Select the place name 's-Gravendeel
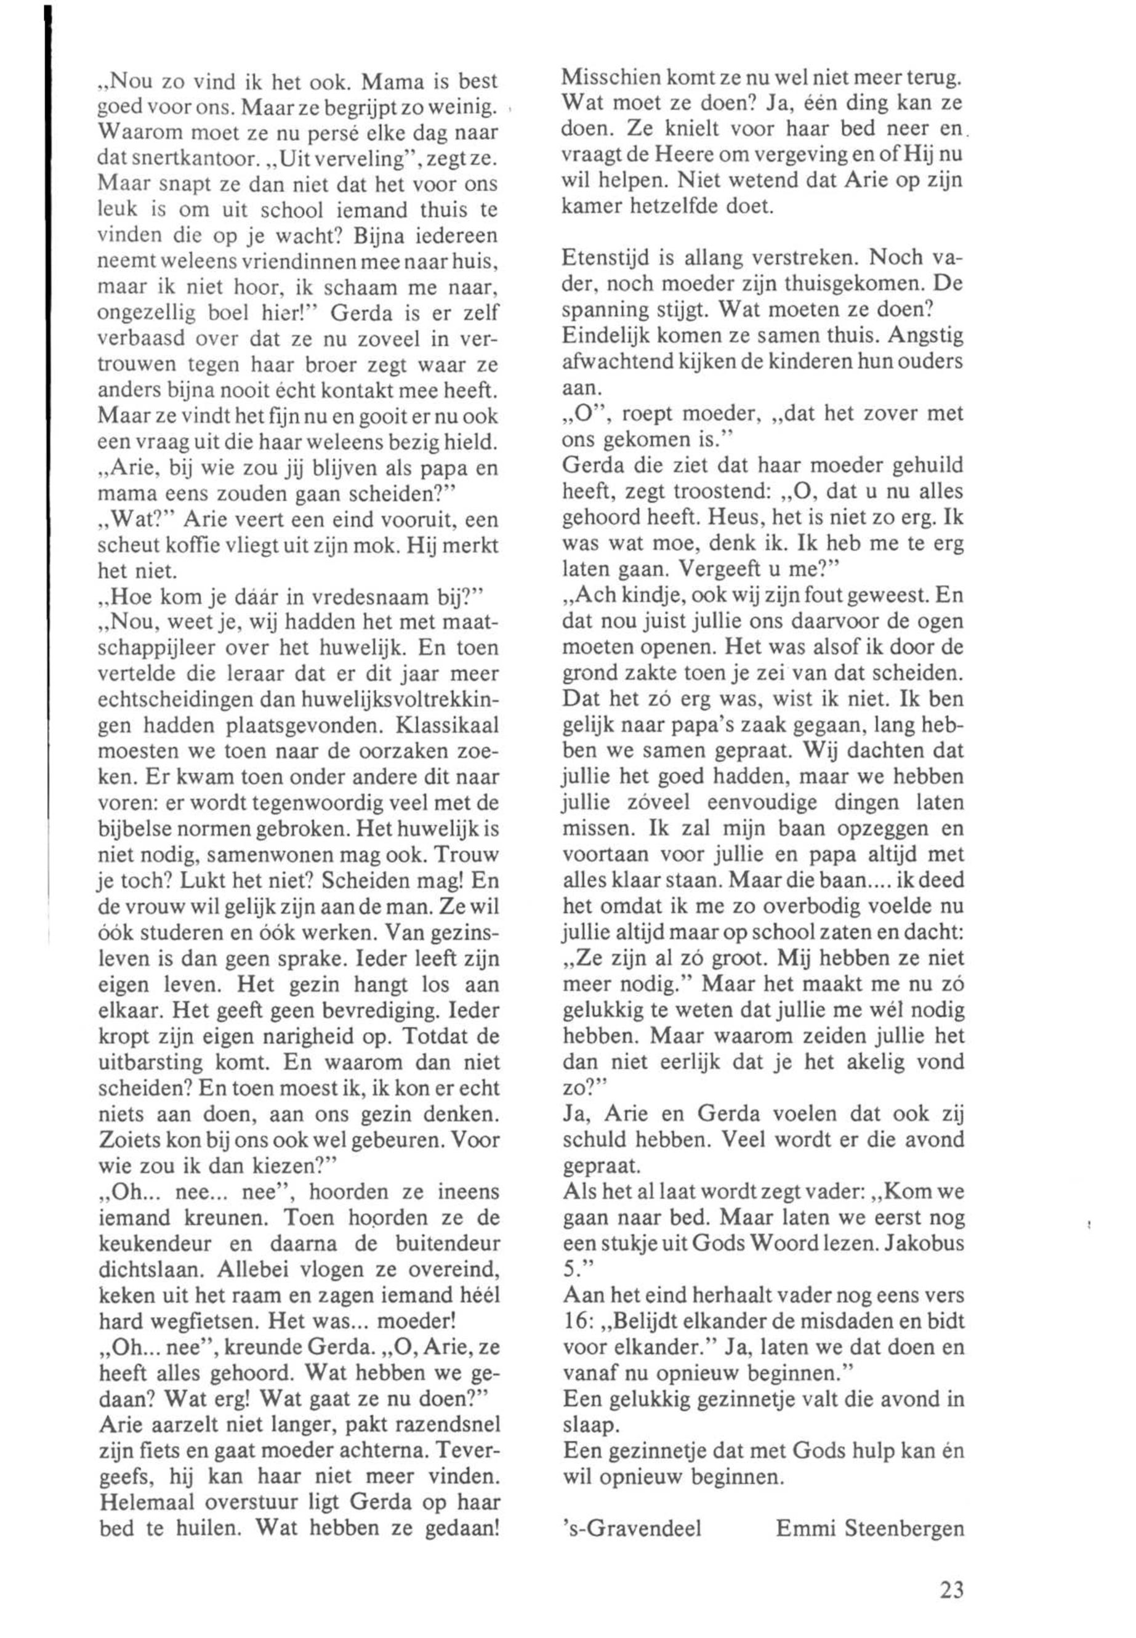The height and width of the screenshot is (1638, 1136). click(x=631, y=1528)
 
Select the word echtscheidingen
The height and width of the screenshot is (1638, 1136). click(x=178, y=701)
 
